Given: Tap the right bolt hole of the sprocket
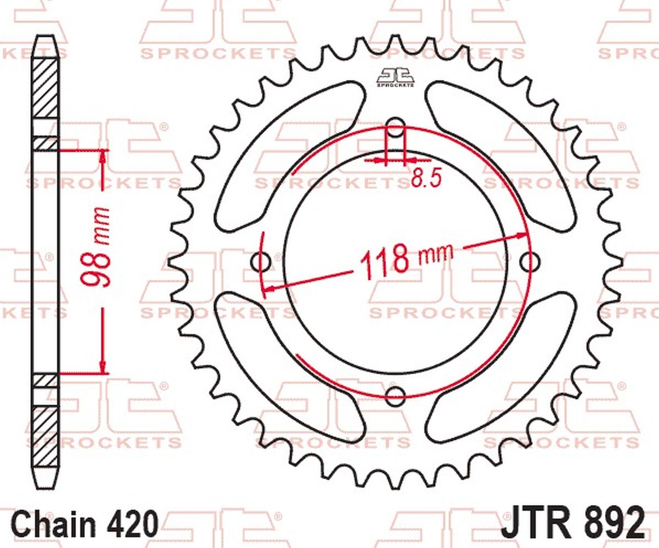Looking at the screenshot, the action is [529, 261].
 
